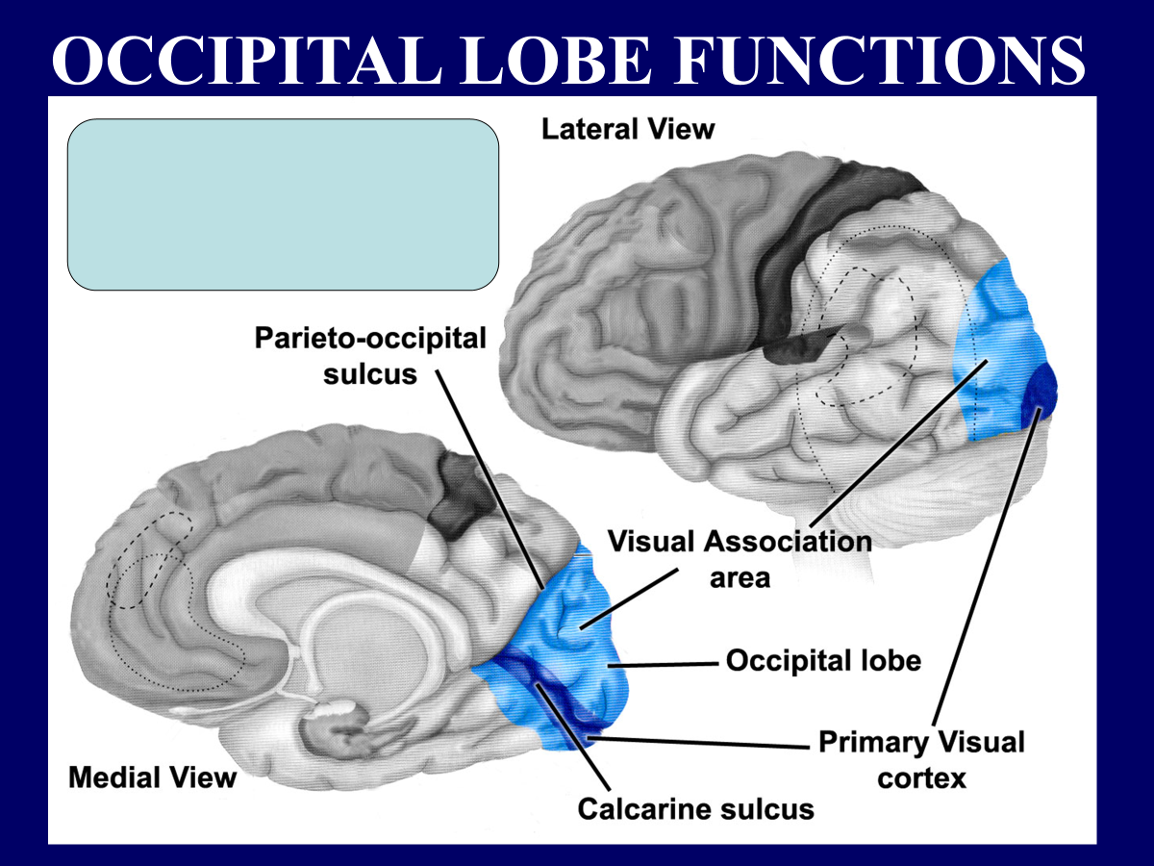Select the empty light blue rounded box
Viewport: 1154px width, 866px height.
pos(283,204)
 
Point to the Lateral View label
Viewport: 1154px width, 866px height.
pos(628,129)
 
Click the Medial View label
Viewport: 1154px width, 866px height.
pos(152,777)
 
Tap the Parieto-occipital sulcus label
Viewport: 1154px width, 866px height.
pos(370,355)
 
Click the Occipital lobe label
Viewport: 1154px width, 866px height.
pos(823,661)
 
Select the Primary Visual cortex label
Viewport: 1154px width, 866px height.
pos(921,758)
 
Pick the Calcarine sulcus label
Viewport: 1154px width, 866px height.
pos(695,808)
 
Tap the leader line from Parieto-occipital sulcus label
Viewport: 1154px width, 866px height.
pos(490,481)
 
